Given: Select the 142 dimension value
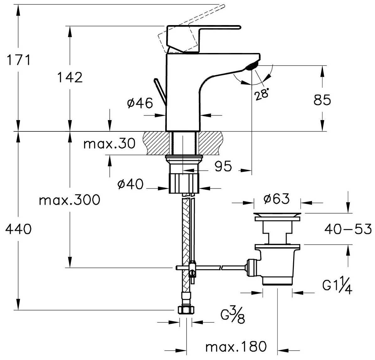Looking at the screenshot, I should click(70, 77).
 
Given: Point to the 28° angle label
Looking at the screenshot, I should click(261, 93).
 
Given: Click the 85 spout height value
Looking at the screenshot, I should click(322, 101).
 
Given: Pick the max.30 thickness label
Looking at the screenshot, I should click(109, 144).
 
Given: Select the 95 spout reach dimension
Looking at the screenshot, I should click(223, 167).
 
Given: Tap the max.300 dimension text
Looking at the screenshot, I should click(69, 200).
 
